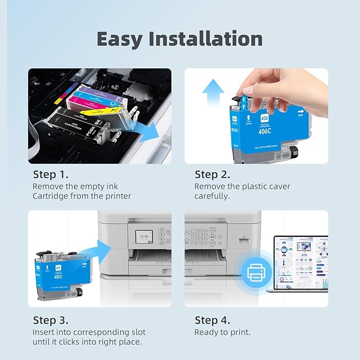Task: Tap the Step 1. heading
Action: tap(51, 174)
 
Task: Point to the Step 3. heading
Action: tap(51, 320)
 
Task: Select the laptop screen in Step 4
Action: tap(301, 262)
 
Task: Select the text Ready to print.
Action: tap(222, 332)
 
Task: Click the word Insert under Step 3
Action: tap(44, 332)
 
